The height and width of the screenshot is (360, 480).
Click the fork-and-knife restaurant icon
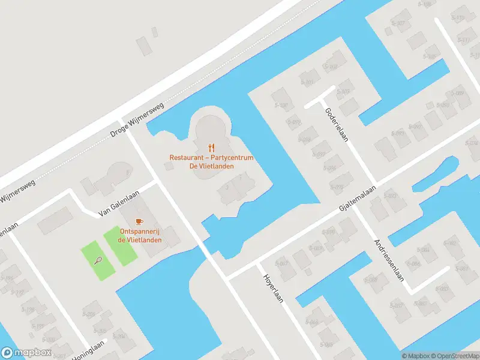[211, 147]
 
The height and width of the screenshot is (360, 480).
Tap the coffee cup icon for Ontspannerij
[140, 221]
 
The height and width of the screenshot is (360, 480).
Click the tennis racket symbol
[98, 260]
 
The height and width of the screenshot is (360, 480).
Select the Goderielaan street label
[337, 125]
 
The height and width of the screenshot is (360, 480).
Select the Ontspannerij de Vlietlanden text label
[140, 236]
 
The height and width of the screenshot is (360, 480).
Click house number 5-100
[280, 105]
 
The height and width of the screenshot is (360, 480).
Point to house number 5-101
[308, 83]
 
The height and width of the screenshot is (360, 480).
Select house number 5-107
[398, 23]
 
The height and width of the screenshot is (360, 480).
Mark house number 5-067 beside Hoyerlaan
[281, 263]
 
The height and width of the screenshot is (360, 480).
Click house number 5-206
[90, 314]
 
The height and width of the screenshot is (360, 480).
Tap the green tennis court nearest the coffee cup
[121, 246]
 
